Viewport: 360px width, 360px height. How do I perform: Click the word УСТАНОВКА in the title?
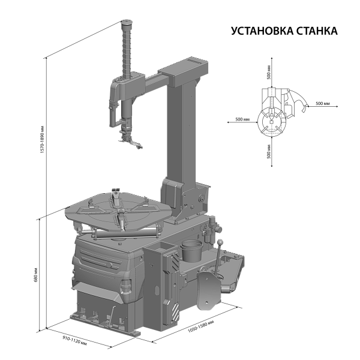[262, 31]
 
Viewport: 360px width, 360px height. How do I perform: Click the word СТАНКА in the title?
[317, 31]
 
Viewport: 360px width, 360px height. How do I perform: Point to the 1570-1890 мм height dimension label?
[42, 139]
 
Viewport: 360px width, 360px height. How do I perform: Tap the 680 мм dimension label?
[35, 275]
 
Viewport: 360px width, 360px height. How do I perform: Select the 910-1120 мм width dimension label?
[75, 340]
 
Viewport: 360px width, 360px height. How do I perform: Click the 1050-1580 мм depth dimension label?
[201, 326]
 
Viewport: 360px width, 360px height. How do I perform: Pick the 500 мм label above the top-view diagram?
[269, 73]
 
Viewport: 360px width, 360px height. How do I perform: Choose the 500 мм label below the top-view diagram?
[269, 151]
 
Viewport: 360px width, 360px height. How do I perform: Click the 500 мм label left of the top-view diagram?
[242, 119]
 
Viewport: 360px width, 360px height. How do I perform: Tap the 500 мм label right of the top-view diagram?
[323, 104]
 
